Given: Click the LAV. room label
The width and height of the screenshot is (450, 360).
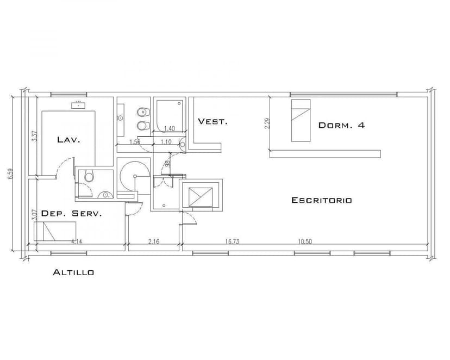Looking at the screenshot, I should (68, 140).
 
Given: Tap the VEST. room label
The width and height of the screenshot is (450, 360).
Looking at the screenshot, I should (212, 121).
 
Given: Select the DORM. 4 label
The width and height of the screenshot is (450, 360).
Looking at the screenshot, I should (341, 125).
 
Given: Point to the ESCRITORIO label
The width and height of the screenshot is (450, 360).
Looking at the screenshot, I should (321, 200).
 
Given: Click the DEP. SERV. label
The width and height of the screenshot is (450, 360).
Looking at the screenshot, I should (71, 214).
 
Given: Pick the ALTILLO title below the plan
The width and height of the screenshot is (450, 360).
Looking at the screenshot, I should (73, 272).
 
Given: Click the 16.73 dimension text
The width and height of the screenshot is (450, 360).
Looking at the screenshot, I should (232, 241).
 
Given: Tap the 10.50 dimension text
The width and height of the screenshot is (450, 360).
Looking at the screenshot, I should (304, 241).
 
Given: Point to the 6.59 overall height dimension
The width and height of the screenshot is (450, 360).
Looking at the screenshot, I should (10, 174).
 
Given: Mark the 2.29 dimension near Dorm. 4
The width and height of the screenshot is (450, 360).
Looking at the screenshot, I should (266, 123).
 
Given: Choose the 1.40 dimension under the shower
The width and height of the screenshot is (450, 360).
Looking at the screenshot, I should (169, 129).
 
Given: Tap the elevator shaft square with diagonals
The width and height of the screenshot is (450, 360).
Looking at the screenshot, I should (200, 195).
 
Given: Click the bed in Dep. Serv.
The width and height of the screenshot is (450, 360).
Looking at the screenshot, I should (52, 233).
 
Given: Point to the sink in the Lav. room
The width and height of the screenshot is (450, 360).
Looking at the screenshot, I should (79, 104).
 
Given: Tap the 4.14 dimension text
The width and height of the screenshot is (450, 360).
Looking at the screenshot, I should (77, 241).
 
